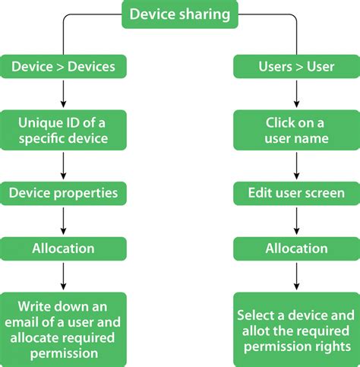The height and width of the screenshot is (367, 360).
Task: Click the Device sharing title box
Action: pos(180,14)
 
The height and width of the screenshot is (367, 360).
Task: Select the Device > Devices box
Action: pos(64,66)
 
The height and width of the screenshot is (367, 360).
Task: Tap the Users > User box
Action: pos(296,66)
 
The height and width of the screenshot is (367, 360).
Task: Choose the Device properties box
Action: pos(64,192)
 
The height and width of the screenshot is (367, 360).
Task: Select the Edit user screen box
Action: pos(296,192)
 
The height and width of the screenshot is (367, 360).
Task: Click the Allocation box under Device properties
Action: pos(64,248)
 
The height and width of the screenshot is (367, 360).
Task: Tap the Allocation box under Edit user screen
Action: pos(296,248)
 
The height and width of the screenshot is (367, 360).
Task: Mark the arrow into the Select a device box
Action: pos(296,277)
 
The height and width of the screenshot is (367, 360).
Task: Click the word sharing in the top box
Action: pos(205,14)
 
